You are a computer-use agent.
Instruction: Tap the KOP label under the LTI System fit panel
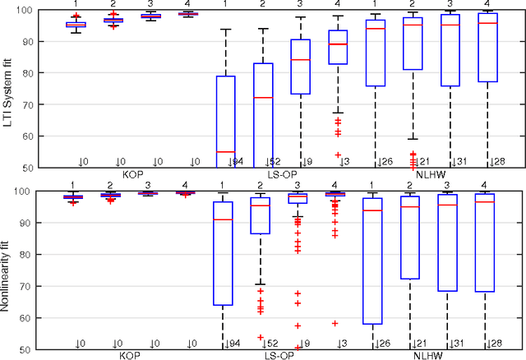click(133, 175)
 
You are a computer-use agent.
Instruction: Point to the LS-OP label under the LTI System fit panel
click(280, 175)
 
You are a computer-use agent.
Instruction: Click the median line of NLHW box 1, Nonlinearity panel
click(376, 210)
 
